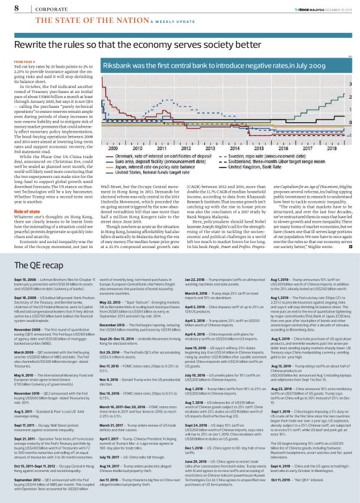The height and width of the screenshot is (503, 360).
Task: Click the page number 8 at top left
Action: [16, 8]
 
